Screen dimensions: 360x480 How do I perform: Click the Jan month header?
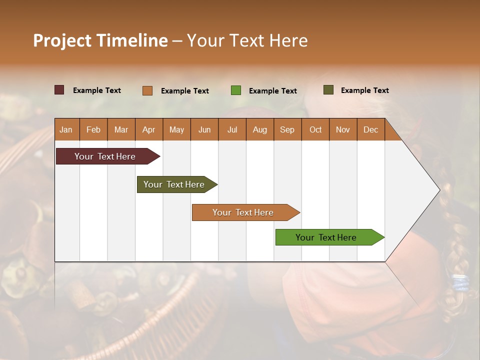pos(66,129)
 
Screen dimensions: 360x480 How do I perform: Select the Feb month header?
pos(93,129)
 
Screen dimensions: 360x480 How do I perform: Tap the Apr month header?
pos(148,129)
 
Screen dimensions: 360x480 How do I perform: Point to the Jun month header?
pos(204,129)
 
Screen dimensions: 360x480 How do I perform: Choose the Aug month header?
pos(259,129)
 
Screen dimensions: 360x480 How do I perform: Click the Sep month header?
pos(287,129)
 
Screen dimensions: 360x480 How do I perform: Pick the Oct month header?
pos(315,129)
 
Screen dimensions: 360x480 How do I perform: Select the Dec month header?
pos(370,129)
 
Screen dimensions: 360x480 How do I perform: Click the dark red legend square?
pos(59,90)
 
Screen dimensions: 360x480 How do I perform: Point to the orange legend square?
pos(147,90)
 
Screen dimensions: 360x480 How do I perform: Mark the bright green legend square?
pos(236,90)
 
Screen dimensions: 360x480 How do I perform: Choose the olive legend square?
pos(328,90)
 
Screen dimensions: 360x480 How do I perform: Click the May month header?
pos(176,129)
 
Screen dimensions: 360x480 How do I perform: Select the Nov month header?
pos(342,129)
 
